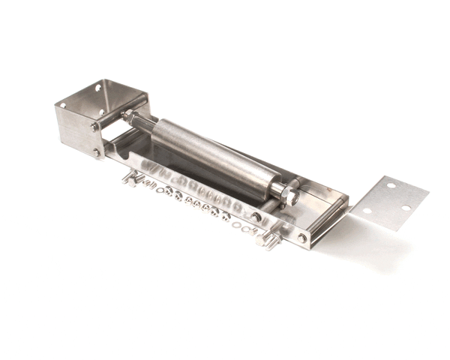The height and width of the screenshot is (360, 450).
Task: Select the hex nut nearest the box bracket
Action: pyautogui.click(x=130, y=116)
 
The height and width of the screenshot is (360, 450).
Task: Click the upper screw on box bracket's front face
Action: pyautogui.click(x=94, y=128)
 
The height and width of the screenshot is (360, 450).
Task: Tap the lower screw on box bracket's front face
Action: pyautogui.click(x=97, y=152)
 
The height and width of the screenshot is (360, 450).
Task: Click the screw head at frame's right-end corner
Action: pyautogui.click(x=302, y=238)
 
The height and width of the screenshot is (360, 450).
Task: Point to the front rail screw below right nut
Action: pyautogui.click(x=256, y=217)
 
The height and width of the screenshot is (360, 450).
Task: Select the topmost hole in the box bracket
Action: pyautogui.click(x=97, y=88)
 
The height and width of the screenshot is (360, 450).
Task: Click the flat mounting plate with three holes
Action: pyautogui.click(x=390, y=202)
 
